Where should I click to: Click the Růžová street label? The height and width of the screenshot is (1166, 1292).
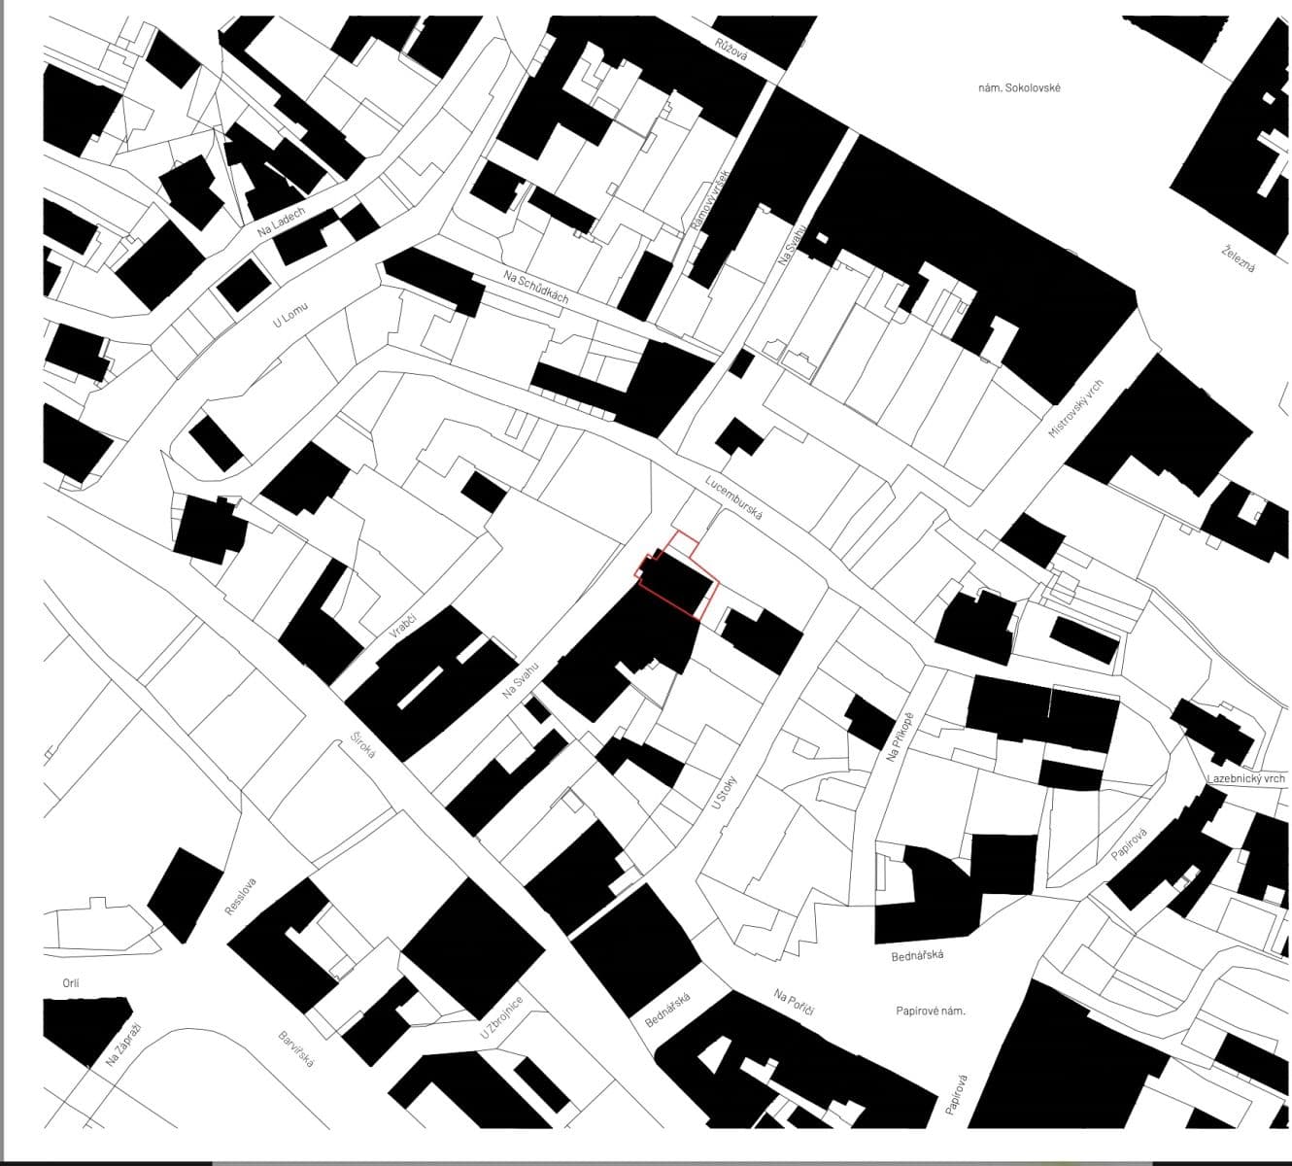731,50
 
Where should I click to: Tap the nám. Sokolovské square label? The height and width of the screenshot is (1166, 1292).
1019,87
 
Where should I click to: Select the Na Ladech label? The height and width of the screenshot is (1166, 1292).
281,223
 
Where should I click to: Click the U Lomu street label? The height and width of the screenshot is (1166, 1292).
289,315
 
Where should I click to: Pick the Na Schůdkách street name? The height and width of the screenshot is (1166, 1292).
535,287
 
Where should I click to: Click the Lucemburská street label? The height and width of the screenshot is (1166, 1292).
734,497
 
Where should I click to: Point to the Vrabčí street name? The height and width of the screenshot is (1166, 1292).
402,618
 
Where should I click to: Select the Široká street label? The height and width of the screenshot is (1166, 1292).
364,753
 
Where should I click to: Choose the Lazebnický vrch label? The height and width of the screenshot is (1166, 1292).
1246,779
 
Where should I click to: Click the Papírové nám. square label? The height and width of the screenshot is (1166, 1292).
931,1011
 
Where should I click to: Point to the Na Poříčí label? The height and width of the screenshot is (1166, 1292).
794,1003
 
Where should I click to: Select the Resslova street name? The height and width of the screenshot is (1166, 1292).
240,896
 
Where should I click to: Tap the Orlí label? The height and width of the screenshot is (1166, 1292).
71,983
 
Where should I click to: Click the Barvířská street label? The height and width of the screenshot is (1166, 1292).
296,1050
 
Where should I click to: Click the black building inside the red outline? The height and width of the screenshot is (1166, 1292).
675,585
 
